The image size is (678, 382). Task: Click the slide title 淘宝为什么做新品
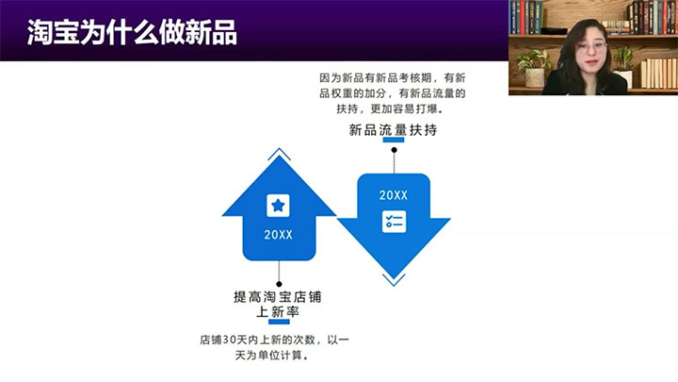(132, 32)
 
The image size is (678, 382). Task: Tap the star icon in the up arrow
(278, 206)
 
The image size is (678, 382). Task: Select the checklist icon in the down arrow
(394, 222)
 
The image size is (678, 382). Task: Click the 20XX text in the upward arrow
(278, 235)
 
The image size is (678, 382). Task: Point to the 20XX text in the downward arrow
(394, 195)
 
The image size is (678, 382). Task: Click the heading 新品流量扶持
(393, 129)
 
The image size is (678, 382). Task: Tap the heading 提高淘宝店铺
(278, 297)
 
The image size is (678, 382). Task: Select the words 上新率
(278, 312)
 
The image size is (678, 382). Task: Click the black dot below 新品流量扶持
(394, 150)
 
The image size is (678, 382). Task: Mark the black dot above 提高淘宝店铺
(279, 284)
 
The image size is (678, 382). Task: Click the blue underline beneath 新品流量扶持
(394, 140)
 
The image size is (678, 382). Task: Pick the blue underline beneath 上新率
(279, 322)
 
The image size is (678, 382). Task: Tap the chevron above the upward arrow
(279, 154)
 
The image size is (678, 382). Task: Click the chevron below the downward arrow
(394, 280)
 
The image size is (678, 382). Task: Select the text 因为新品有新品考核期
(376, 78)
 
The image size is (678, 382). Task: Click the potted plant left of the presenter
(534, 68)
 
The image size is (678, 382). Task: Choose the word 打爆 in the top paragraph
(427, 108)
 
